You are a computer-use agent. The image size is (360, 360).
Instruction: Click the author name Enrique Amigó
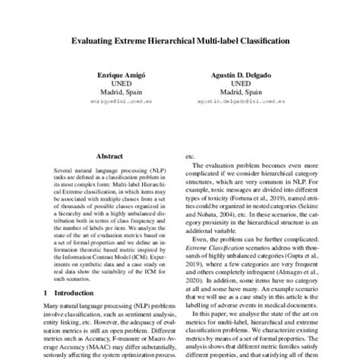117,76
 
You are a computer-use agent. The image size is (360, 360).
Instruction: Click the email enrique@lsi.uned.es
117,100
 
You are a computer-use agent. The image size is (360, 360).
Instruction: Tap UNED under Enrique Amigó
117,84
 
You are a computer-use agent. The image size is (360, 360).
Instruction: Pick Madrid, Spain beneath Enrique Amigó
117,92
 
